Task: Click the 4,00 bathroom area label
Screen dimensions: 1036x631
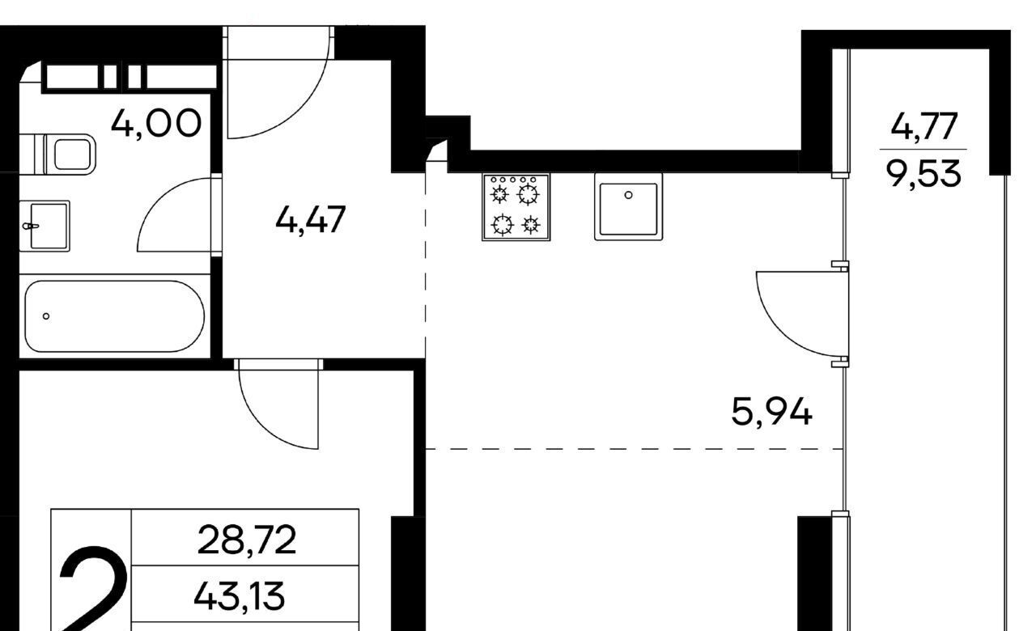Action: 156,123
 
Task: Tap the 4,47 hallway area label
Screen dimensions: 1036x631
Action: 310,220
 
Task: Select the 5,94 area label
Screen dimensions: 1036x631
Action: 771,412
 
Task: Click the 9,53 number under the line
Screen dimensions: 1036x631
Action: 923,173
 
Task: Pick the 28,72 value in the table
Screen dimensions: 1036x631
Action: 247,540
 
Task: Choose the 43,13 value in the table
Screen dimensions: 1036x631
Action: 239,596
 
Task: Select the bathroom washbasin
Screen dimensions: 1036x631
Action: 45,226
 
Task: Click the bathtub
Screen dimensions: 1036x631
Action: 115,316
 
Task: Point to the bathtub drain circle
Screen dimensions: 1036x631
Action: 46,316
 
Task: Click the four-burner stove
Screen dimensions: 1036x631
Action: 516,207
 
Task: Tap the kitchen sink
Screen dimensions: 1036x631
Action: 629,206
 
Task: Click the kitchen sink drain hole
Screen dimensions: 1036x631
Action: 629,195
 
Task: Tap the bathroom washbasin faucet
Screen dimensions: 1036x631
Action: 31,226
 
